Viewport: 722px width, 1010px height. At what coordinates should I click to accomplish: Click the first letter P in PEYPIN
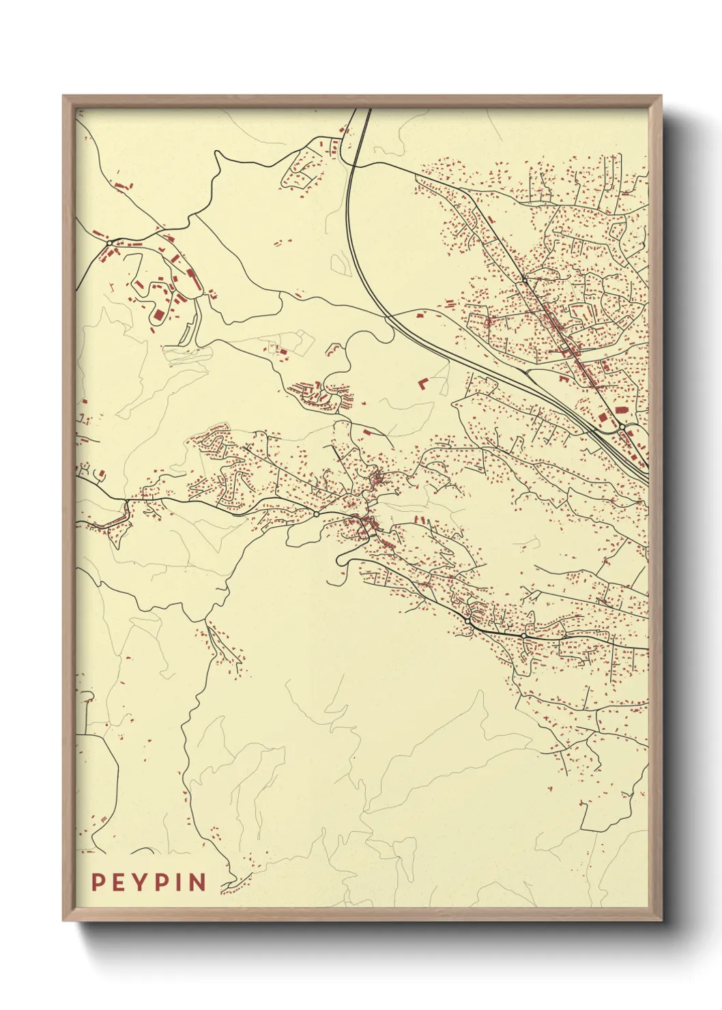pos(98,882)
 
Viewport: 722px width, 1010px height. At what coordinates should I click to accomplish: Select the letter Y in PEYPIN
pos(140,882)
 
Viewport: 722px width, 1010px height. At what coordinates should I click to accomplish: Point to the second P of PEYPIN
pos(160,882)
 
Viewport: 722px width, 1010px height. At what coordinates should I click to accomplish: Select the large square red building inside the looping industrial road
pos(158,316)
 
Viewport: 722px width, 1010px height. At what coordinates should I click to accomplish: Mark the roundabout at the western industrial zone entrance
pos(109,242)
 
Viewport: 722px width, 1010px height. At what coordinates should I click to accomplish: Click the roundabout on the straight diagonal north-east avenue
pos(523,278)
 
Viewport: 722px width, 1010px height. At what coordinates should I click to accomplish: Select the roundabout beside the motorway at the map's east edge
pos(622,427)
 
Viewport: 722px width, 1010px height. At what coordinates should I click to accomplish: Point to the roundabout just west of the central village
pos(317,513)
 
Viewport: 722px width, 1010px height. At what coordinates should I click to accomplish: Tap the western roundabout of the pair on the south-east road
pos(467,621)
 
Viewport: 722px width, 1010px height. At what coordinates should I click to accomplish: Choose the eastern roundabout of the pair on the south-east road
pos(523,636)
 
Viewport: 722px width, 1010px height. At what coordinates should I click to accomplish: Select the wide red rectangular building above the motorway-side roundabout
pos(620,409)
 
